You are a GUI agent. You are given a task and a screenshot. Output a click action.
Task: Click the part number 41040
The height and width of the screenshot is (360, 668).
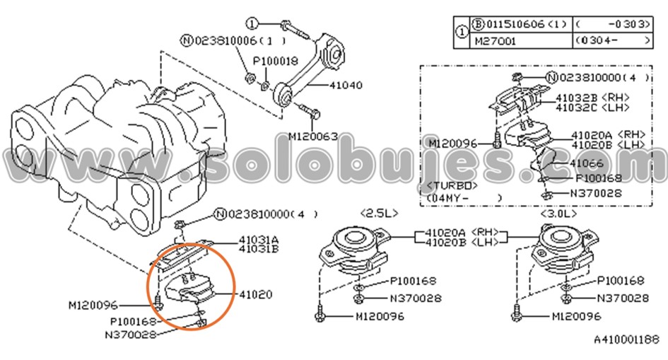coord(346,86)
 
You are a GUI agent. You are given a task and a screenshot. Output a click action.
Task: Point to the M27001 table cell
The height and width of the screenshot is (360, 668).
coord(496,41)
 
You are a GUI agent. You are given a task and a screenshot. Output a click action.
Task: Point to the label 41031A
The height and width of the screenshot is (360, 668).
coord(258,239)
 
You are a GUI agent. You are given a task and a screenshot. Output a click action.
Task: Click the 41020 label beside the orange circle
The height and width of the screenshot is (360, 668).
coord(255,294)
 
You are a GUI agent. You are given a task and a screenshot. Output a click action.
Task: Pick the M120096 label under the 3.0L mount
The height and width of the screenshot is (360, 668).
coord(576,316)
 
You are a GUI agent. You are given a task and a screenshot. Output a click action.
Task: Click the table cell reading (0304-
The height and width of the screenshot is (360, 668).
coord(612,41)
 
